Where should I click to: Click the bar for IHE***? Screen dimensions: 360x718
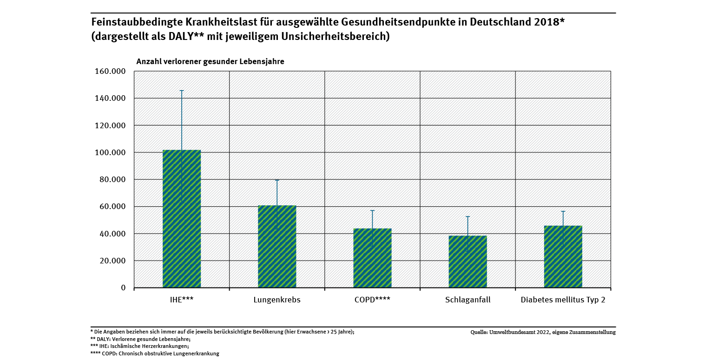[x=182, y=218]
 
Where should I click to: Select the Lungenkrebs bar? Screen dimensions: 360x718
[x=277, y=246]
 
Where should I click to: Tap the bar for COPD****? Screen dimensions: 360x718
[x=372, y=258]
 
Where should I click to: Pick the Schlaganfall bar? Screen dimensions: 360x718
[x=468, y=262]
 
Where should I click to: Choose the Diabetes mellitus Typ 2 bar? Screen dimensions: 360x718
[x=563, y=256]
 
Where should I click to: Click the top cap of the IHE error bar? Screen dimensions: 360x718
[x=182, y=91]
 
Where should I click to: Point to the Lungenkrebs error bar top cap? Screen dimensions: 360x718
[x=277, y=180]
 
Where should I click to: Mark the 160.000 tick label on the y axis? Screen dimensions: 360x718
[x=110, y=72]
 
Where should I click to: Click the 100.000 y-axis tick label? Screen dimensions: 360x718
[x=110, y=152]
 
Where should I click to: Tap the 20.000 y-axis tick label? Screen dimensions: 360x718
[x=112, y=261]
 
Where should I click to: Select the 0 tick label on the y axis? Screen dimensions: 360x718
[x=123, y=288]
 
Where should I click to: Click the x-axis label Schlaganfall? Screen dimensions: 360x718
[x=468, y=300]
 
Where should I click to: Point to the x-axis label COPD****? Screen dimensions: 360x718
[x=372, y=300]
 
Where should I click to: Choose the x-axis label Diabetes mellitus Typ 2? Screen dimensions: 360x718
[x=563, y=300]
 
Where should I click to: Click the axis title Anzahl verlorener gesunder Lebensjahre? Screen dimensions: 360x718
[x=210, y=61]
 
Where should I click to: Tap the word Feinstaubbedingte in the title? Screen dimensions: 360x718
[x=132, y=22]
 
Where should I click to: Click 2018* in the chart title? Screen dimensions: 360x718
[x=548, y=22]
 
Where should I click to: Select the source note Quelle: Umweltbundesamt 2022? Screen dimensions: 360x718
[x=543, y=333]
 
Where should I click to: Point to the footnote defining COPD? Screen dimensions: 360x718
[x=155, y=353]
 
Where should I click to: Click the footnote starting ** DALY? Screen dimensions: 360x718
[x=140, y=339]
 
